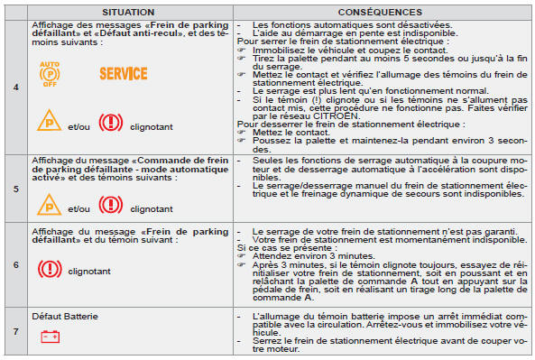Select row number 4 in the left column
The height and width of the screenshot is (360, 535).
[16, 86]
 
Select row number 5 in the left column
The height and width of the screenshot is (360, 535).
[16, 190]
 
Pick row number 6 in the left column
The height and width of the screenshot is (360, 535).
[16, 266]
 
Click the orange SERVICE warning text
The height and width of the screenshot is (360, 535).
[123, 72]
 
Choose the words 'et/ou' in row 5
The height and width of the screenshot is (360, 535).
[78, 208]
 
